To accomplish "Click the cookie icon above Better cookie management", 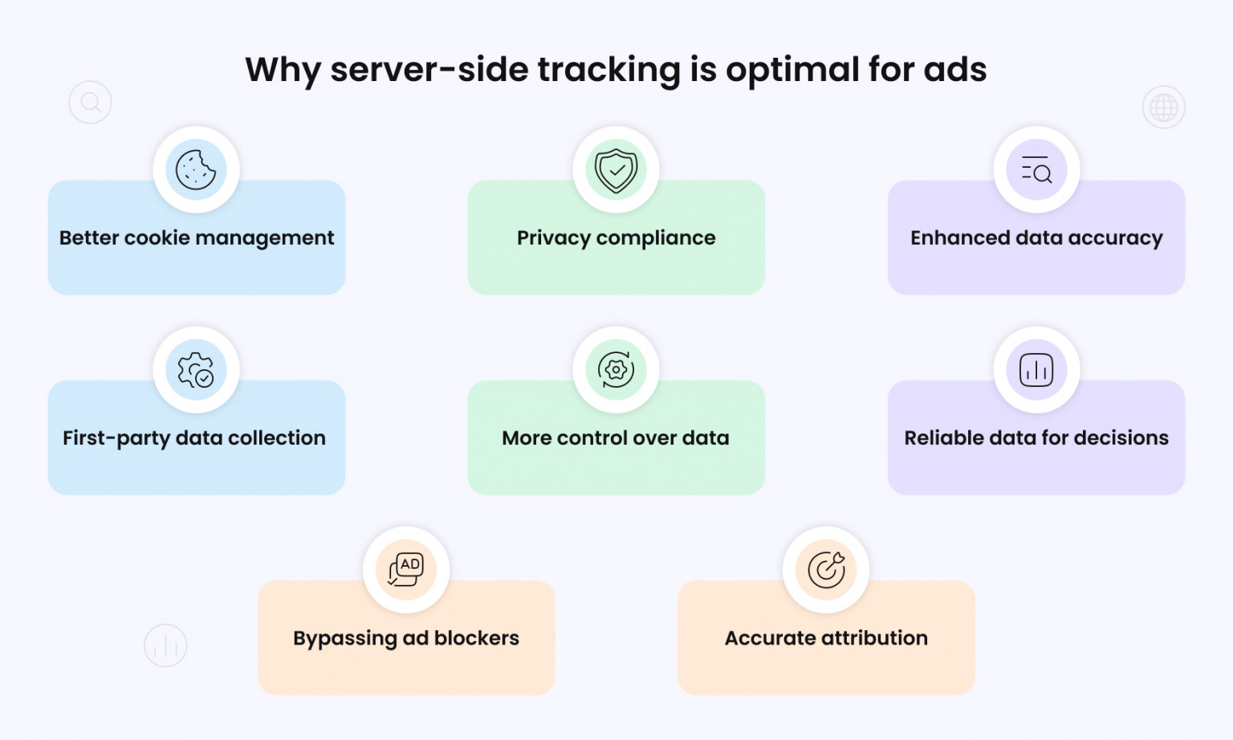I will pyautogui.click(x=196, y=169).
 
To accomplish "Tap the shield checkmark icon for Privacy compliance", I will pyautogui.click(x=616, y=169).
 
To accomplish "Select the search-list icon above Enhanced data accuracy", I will pyautogui.click(x=1036, y=169).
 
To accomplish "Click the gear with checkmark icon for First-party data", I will pyautogui.click(x=196, y=370).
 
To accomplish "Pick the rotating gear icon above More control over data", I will pyautogui.click(x=616, y=370).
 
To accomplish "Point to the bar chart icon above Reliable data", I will pyautogui.click(x=1036, y=370).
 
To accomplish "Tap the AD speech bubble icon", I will pyautogui.click(x=406, y=570).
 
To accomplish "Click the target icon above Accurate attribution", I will pyautogui.click(x=826, y=570).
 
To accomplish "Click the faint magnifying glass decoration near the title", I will pyautogui.click(x=90, y=103).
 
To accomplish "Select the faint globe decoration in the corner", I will pyautogui.click(x=1163, y=108).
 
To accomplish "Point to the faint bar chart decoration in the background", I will pyautogui.click(x=165, y=645).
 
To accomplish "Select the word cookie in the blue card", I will pyautogui.click(x=157, y=238).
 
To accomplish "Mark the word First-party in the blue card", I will pyautogui.click(x=116, y=438).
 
